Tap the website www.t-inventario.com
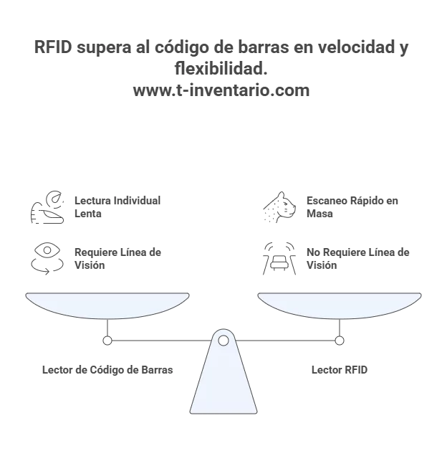coord(221,91)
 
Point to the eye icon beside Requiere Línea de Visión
coord(47,258)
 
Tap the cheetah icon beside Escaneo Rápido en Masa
coord(279,207)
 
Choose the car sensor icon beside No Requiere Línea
coord(279,258)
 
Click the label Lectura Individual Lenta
coord(117,206)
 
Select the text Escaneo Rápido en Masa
coord(351,206)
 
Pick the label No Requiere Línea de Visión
coord(357,258)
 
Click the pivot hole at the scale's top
coord(223,340)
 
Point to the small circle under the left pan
coord(107,341)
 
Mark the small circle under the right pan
coord(340,341)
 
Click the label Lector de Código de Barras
coord(107,370)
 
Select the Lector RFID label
coord(340,370)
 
